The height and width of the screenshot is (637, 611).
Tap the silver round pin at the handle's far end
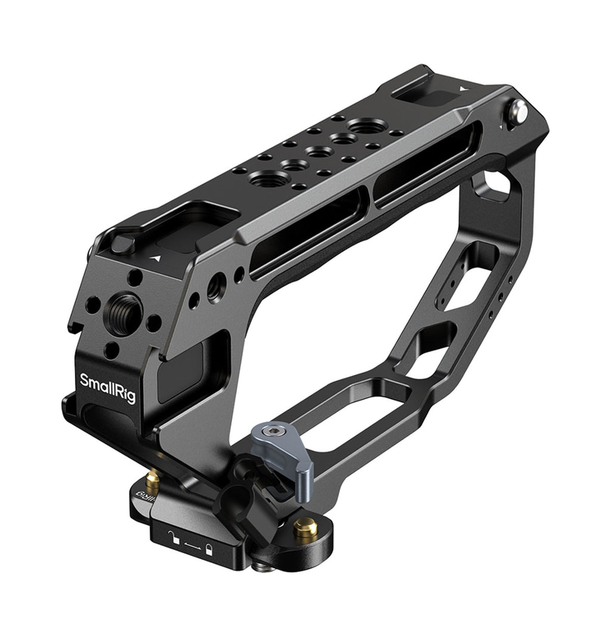coord(519,110)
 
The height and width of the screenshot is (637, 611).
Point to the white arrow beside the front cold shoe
coord(156,257)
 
